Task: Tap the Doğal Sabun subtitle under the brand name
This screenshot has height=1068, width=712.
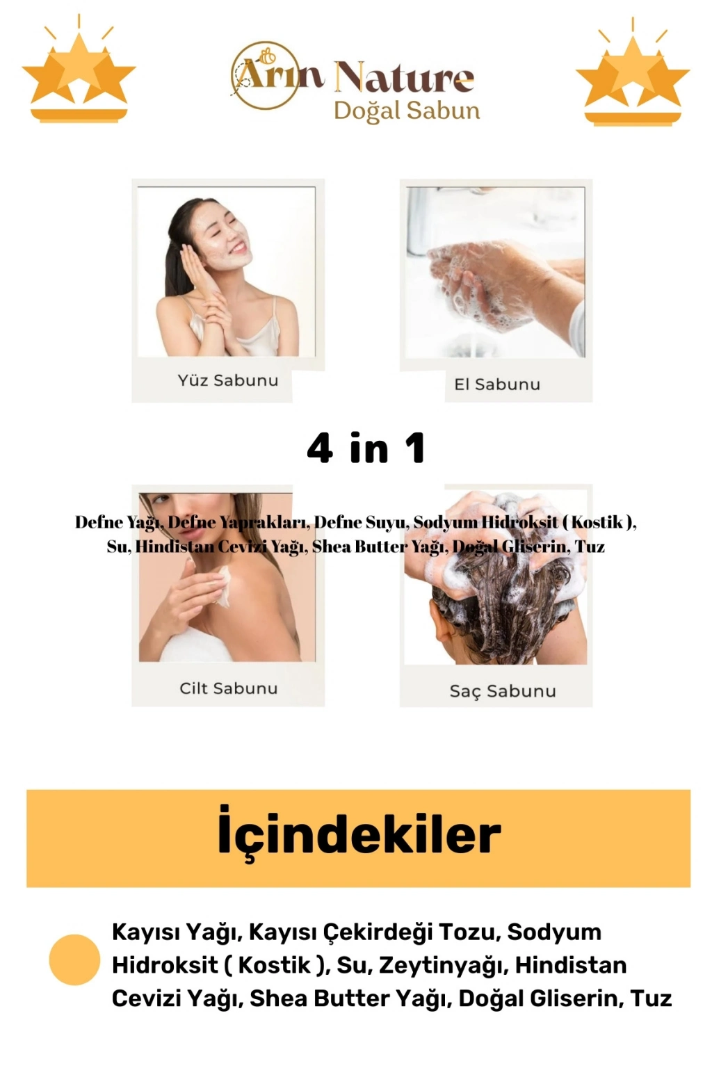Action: tap(407, 111)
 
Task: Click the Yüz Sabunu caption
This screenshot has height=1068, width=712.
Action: tap(228, 380)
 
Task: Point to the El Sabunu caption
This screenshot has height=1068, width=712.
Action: tap(497, 385)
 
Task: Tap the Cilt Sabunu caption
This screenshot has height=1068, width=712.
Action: tap(229, 688)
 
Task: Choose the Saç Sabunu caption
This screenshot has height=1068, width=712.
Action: tap(503, 691)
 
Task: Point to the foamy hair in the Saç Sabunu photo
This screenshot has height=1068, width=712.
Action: tap(496, 572)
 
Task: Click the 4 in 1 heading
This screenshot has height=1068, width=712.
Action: tap(366, 448)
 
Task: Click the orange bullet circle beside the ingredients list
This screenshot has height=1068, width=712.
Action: tap(75, 960)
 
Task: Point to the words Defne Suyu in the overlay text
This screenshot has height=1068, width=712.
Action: tap(359, 523)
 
